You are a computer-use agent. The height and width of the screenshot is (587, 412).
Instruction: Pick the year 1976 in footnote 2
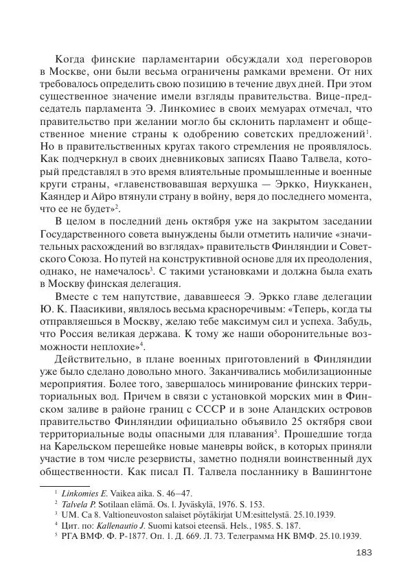click(235, 504)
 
